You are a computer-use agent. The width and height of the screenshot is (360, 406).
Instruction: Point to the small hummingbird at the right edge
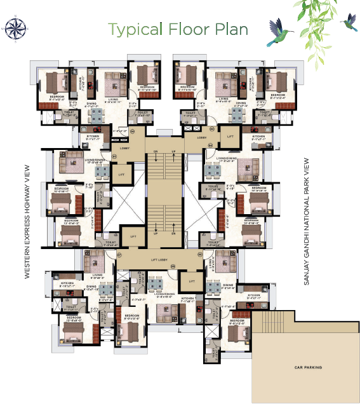pos(349,24)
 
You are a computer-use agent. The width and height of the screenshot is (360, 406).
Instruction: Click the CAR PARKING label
pos(309,368)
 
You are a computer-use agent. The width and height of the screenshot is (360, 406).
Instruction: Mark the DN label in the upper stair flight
pos(156,151)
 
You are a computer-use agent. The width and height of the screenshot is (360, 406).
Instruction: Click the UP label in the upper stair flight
pos(173,151)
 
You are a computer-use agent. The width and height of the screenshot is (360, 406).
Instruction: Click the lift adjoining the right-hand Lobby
pos(230,137)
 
